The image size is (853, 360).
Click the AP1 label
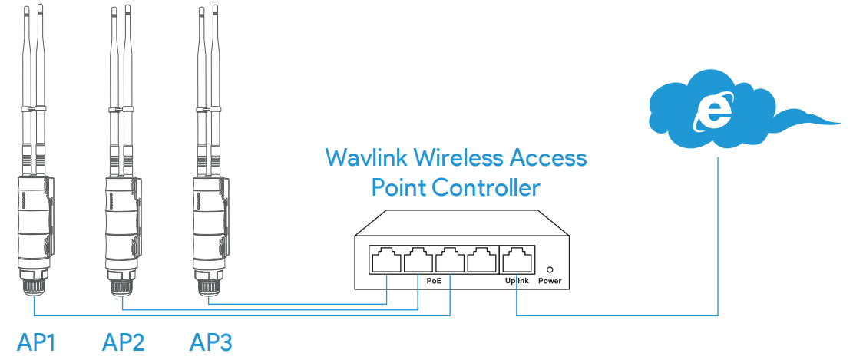click(x=36, y=342)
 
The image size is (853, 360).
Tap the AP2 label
click(x=124, y=342)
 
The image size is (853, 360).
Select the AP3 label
click(x=211, y=342)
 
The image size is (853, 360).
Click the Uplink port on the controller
click(x=515, y=259)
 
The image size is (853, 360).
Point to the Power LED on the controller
click(x=550, y=269)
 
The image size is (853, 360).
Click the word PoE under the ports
click(x=434, y=281)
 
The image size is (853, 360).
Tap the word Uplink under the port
click(x=517, y=281)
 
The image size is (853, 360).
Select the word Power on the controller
click(x=550, y=281)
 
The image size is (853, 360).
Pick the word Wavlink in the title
click(x=367, y=158)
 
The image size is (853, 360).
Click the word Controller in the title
click(x=486, y=187)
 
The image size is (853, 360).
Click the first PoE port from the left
click(x=386, y=259)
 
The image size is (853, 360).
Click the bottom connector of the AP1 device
click(x=34, y=286)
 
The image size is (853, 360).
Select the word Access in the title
click(x=548, y=158)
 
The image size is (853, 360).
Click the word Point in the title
click(x=398, y=187)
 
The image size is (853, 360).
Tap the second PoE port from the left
click(x=418, y=259)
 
